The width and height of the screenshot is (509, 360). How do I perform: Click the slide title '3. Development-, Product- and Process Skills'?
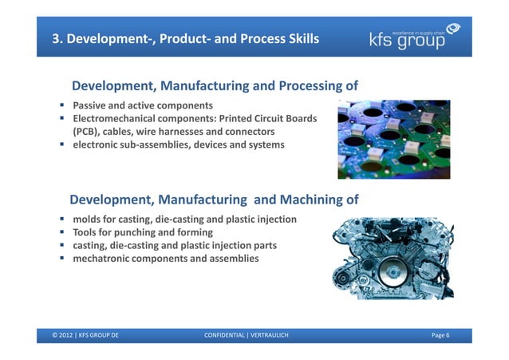click(185, 39)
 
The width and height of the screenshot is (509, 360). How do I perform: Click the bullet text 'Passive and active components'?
click(143, 105)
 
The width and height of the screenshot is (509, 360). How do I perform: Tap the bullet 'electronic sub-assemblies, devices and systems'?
click(178, 144)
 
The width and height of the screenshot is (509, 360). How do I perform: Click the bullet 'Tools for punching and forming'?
click(143, 232)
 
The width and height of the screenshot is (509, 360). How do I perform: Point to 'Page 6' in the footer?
click(440, 335)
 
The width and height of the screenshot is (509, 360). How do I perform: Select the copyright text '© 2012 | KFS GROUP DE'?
click(86, 335)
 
